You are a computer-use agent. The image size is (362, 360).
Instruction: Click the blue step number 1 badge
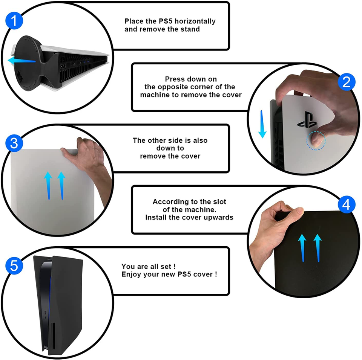14,21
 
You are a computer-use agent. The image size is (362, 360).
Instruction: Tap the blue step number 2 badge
346,82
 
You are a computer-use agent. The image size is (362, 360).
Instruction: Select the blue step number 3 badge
14,143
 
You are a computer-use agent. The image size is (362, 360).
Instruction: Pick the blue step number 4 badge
346,204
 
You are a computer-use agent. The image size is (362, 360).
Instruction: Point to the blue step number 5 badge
14,266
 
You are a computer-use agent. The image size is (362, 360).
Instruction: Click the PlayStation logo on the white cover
307,120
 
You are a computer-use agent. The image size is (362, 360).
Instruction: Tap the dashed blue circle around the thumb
316,141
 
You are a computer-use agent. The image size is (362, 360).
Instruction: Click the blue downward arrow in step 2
262,124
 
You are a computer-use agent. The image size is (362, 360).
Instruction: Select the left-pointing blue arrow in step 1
22,61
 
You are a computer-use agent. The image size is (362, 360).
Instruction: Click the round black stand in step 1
27,63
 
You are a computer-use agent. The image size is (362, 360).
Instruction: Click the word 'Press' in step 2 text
173,79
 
